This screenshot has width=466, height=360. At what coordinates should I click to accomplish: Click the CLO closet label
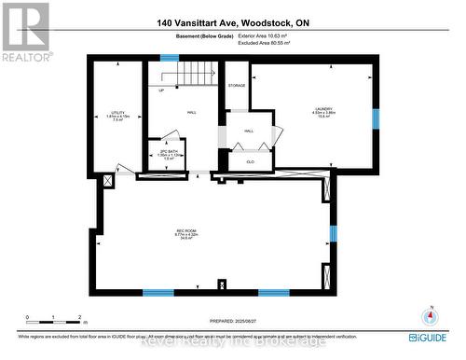pyautogui.click(x=251, y=160)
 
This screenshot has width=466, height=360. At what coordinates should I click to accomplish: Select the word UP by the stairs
pyautogui.click(x=161, y=90)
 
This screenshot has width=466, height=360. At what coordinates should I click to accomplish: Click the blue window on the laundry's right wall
pyautogui.click(x=377, y=118)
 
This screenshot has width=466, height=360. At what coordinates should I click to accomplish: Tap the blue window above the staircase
pyautogui.click(x=170, y=58)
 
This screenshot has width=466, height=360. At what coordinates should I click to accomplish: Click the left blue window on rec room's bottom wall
pyautogui.click(x=158, y=292)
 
